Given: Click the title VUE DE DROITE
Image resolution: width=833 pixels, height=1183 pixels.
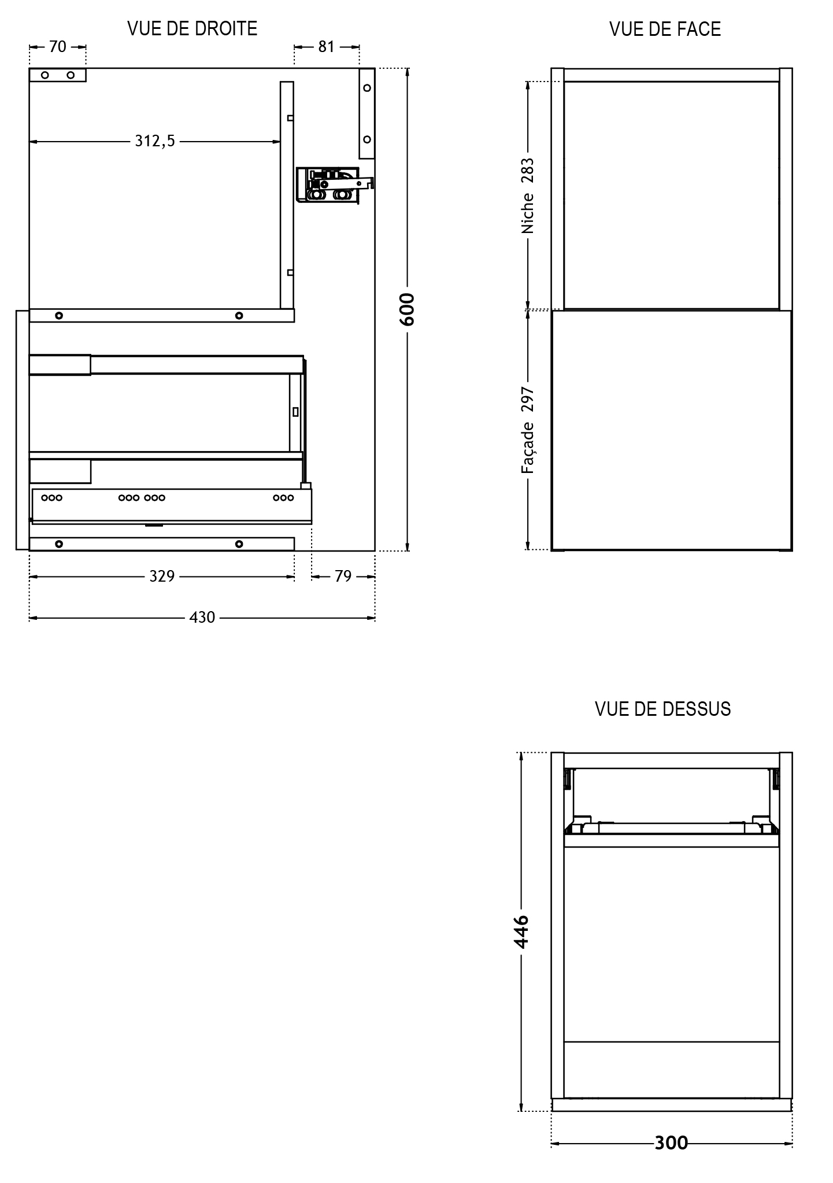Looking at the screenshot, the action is coord(192,28).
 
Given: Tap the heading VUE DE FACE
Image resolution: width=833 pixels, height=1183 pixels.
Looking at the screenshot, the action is coord(665,29).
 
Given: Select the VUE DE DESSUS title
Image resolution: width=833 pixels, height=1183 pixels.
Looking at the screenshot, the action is coord(663,709).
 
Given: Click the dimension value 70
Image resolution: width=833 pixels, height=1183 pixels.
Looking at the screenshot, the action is coord(58,47).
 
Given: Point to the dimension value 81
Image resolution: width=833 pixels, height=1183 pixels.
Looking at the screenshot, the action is coord(327,47).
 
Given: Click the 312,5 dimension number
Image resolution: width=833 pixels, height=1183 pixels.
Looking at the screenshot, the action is coord(155,141).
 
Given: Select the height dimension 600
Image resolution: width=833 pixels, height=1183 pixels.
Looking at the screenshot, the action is coord(407,309).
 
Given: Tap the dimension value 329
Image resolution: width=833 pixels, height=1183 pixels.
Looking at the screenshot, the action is coord(162,576).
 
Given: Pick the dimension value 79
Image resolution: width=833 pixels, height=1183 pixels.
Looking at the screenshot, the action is coord(343,576).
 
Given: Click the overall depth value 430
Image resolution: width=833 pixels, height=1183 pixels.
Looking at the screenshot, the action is coord(202,618).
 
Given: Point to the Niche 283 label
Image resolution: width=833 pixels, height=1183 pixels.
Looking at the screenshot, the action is coord(527,196).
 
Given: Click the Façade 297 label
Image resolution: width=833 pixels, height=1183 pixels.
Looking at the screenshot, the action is coord(527,431).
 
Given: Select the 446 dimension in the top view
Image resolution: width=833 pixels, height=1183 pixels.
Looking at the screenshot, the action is coord(521,931).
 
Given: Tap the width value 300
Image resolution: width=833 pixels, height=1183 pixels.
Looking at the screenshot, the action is coord(671,1143).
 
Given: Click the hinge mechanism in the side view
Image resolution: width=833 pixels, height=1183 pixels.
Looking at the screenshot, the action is coord(335,186).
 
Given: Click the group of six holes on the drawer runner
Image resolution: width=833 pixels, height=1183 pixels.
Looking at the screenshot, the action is coord(142,497).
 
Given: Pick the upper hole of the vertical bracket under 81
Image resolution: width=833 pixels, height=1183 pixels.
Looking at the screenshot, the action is coord(366,88).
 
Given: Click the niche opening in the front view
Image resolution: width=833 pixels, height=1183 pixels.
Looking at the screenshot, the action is coord(672,195).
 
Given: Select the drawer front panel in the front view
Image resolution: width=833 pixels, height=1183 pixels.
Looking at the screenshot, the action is coord(672,430).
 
